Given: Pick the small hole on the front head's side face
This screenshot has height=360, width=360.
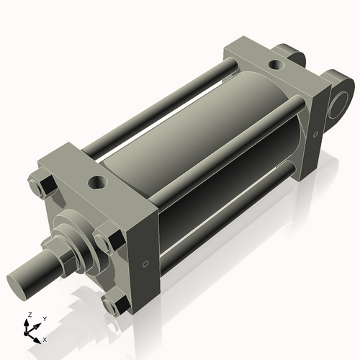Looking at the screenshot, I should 146,264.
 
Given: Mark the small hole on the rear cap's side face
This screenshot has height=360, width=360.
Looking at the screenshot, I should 315,134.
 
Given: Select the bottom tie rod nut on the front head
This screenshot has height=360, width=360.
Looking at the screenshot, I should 113,306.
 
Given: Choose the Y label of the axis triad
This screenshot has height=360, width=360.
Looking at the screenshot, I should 45,318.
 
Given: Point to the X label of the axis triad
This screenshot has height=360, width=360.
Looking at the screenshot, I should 45,338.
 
